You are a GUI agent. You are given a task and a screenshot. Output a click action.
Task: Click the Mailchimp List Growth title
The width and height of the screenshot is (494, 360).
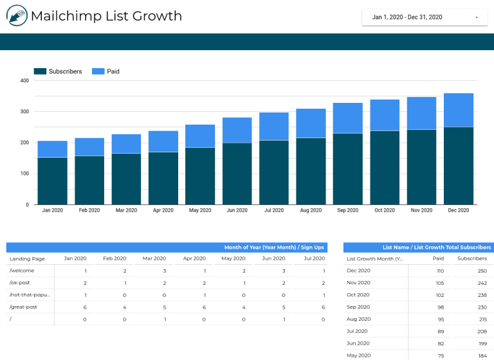106,16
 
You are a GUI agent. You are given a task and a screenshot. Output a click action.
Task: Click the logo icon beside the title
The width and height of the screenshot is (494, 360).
16,16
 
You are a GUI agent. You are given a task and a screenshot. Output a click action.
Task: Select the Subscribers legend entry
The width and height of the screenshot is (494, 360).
58,71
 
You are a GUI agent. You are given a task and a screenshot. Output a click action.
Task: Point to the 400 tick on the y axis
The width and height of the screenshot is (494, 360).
24,81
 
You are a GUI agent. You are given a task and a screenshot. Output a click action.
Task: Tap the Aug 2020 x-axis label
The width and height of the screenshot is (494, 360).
311,210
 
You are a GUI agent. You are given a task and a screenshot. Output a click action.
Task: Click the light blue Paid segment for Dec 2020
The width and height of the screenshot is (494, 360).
459,110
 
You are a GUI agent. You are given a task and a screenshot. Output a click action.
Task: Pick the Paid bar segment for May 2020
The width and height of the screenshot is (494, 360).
200,136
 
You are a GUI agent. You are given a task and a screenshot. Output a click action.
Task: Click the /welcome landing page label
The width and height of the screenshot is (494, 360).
23,271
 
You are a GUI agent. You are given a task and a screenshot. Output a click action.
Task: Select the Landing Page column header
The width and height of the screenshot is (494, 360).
27,258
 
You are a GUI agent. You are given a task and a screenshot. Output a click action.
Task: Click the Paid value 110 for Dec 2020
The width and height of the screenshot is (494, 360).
439,271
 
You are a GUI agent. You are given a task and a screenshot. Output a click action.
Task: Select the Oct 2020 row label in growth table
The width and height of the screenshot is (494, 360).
358,295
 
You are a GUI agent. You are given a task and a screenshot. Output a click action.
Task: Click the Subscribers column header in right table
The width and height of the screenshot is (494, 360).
472,258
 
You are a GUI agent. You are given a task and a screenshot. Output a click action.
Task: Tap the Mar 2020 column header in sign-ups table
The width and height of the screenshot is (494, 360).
154,258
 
